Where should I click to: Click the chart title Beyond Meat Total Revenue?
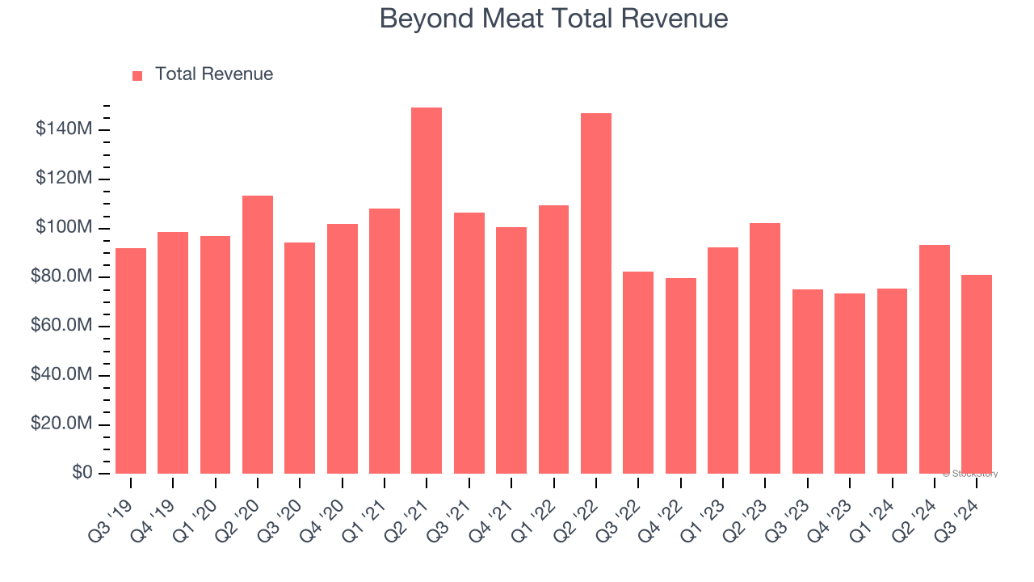[553, 19]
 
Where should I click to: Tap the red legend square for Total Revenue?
[137, 75]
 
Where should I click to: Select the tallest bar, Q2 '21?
[427, 290]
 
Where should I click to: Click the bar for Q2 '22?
[596, 293]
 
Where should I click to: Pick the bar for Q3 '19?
[131, 361]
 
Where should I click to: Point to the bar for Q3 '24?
[977, 373]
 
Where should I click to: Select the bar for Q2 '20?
[258, 334]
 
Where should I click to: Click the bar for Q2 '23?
[765, 348]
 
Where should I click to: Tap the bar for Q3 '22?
[638, 372]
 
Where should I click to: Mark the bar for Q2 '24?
[935, 359]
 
